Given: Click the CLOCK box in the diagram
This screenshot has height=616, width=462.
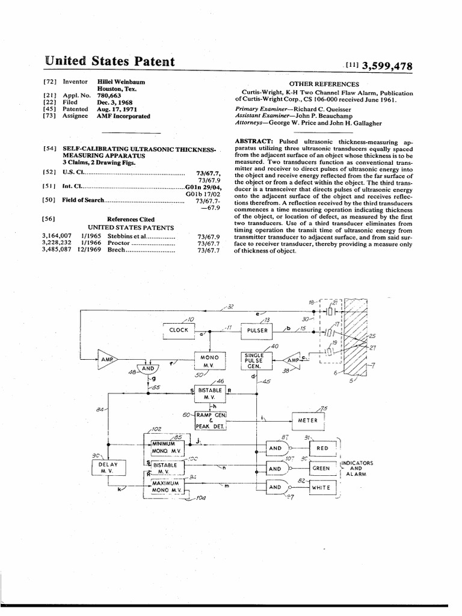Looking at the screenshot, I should [x=179, y=330].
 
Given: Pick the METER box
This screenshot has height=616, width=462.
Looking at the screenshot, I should [x=312, y=420].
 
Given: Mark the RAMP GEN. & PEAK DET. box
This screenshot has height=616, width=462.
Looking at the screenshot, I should [x=210, y=420].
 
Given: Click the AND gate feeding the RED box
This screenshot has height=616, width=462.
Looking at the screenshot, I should [x=276, y=448].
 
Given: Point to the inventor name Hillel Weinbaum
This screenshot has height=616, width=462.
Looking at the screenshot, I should [x=121, y=81].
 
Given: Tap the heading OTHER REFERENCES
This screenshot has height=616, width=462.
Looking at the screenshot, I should [x=324, y=84].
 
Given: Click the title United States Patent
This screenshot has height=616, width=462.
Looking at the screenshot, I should [x=110, y=62].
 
